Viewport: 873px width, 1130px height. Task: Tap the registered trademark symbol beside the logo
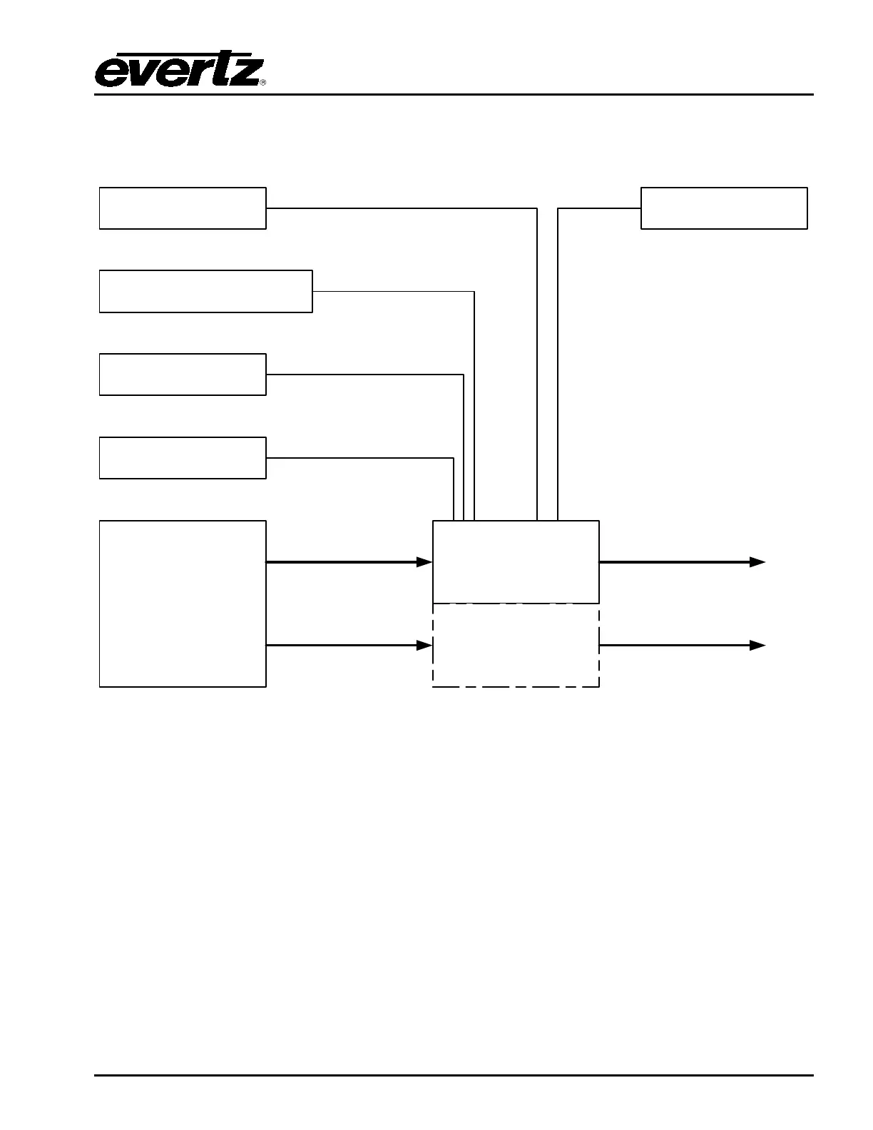[x=262, y=83]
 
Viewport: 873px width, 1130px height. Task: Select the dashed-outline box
[x=516, y=646]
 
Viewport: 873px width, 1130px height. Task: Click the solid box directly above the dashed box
[x=516, y=562]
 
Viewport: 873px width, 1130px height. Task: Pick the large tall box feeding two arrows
[x=183, y=604]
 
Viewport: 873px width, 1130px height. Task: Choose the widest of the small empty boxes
[x=205, y=291]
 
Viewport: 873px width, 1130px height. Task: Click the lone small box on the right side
[x=724, y=208]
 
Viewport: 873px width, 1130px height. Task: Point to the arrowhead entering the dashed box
[x=425, y=646]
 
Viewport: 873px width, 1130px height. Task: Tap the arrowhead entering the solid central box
[x=425, y=562]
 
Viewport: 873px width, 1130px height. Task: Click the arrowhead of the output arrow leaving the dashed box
[x=757, y=646]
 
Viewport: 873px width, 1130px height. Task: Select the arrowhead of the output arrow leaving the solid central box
[x=757, y=562]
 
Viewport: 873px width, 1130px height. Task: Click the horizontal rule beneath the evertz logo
[x=454, y=94]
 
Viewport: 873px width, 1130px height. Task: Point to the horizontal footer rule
[x=454, y=1075]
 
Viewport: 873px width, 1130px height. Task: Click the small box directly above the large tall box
[x=183, y=458]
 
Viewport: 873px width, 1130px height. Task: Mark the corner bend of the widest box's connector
[x=474, y=292]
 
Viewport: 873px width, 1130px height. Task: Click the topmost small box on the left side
[x=183, y=208]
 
